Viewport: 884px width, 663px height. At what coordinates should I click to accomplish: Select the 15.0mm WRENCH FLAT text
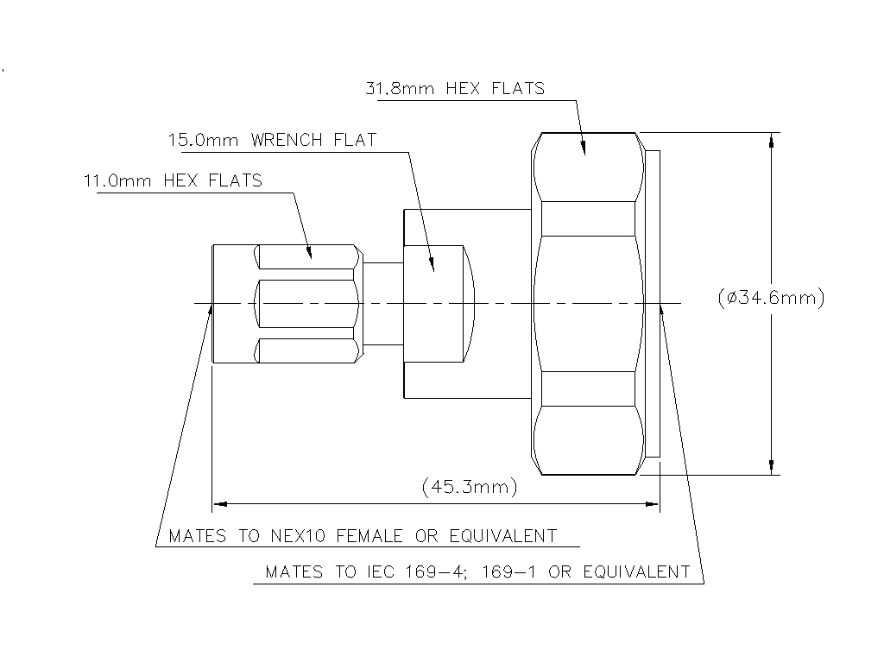pyautogui.click(x=272, y=140)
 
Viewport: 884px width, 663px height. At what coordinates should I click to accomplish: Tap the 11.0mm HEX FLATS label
pyautogui.click(x=172, y=180)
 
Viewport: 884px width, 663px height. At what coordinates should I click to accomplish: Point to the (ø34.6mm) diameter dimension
pyautogui.click(x=771, y=298)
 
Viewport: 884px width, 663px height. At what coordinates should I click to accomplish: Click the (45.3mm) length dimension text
pyautogui.click(x=470, y=487)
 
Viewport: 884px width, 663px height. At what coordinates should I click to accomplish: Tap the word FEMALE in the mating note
pyautogui.click(x=369, y=536)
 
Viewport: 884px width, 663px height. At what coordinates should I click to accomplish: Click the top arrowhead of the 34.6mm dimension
pyautogui.click(x=771, y=139)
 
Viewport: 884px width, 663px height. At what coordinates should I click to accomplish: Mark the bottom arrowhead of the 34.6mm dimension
pyautogui.click(x=771, y=468)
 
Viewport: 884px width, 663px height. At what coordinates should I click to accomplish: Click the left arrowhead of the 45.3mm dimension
pyautogui.click(x=219, y=502)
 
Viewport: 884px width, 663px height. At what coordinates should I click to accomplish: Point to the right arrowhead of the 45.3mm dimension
pyautogui.click(x=653, y=502)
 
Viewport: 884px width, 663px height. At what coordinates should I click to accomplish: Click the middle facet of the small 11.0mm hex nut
pyautogui.click(x=307, y=303)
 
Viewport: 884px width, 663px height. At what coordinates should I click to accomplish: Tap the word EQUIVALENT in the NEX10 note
pyautogui.click(x=503, y=536)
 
